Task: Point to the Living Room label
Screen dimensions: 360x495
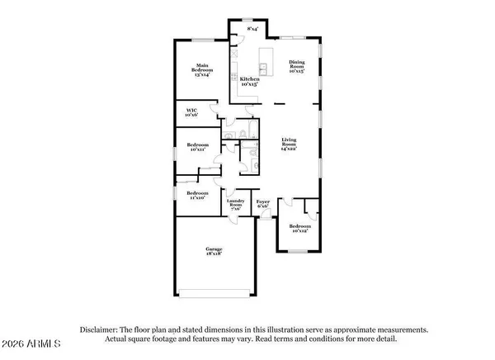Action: tap(290, 144)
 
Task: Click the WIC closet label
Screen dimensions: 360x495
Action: tap(191, 111)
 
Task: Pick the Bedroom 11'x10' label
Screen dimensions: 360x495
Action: tap(197, 196)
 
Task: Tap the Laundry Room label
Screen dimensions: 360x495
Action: tap(235, 206)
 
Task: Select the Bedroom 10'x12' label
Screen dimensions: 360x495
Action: tap(299, 228)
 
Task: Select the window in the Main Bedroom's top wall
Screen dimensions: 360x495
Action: tap(202, 40)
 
